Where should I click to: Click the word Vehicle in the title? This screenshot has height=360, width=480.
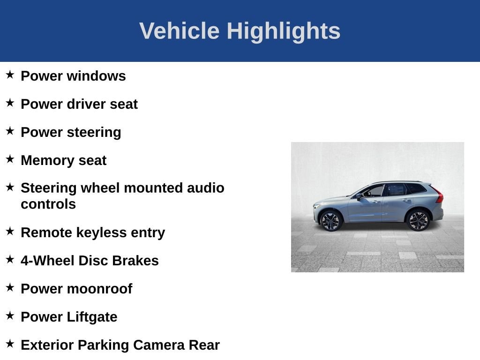pyautogui.click(x=180, y=30)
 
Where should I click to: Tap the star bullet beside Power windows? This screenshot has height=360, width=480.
pyautogui.click(x=10, y=75)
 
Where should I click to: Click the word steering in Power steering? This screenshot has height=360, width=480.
pyautogui.click(x=94, y=133)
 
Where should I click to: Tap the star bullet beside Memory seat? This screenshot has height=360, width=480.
pyautogui.click(x=10, y=159)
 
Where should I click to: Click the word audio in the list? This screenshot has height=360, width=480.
pyautogui.click(x=205, y=188)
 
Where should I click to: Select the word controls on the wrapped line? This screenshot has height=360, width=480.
pyautogui.click(x=48, y=204)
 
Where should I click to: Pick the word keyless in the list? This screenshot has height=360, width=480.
pyautogui.click(x=101, y=233)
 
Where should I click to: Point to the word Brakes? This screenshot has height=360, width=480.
pyautogui.click(x=135, y=261)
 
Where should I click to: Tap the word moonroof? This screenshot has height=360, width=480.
pyautogui.click(x=99, y=289)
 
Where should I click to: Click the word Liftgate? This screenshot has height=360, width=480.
pyautogui.click(x=92, y=317)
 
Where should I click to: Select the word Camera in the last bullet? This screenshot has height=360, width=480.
pyautogui.click(x=159, y=345)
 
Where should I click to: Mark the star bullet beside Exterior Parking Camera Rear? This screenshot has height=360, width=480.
pyautogui.click(x=10, y=344)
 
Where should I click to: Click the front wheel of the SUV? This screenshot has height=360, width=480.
pyautogui.click(x=330, y=221)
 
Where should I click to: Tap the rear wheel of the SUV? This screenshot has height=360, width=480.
pyautogui.click(x=418, y=220)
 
